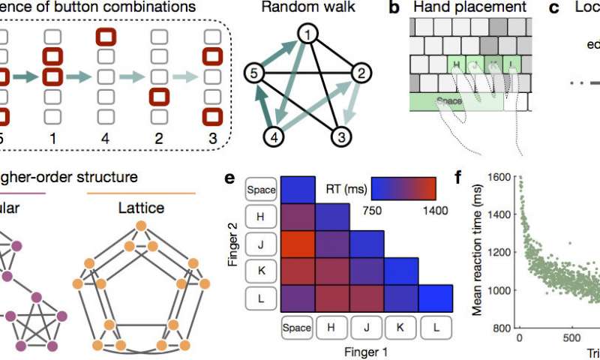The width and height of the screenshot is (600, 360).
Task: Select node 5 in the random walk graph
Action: click(x=255, y=73)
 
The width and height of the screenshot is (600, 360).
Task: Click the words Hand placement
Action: click(x=477, y=9)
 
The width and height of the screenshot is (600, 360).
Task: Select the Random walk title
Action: click(x=307, y=9)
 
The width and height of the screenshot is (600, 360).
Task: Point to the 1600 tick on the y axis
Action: click(x=499, y=178)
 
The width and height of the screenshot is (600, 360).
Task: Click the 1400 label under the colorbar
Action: click(x=436, y=212)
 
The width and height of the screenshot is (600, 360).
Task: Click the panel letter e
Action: click(x=232, y=180)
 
